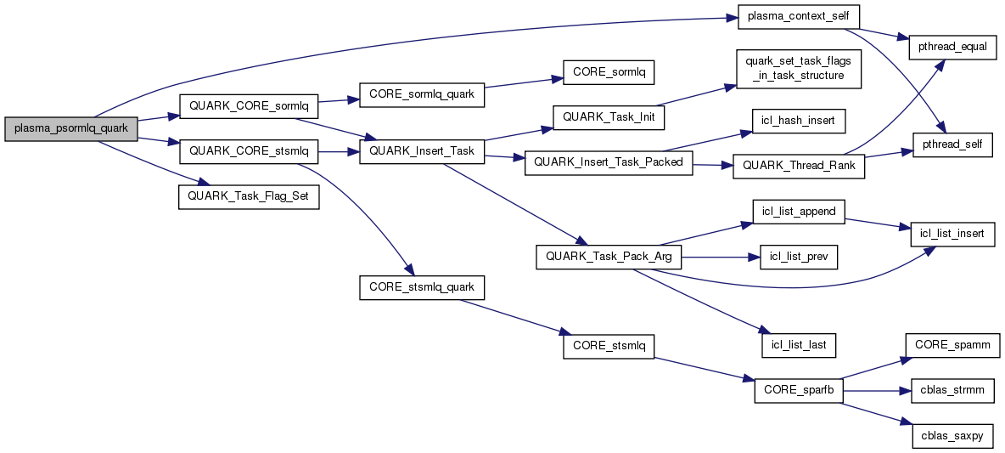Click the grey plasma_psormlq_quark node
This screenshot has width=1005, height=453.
tap(70, 128)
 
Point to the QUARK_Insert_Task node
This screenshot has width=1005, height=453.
tap(422, 151)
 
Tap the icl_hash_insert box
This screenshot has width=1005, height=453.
tap(798, 122)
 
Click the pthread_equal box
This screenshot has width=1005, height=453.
tap(952, 47)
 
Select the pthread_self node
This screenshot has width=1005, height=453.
tap(952, 144)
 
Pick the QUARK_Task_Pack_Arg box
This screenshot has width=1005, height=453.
tap(609, 256)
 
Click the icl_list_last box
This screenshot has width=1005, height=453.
tap(798, 344)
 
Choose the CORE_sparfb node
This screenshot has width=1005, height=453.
tap(797, 390)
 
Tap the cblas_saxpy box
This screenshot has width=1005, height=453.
tap(952, 435)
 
